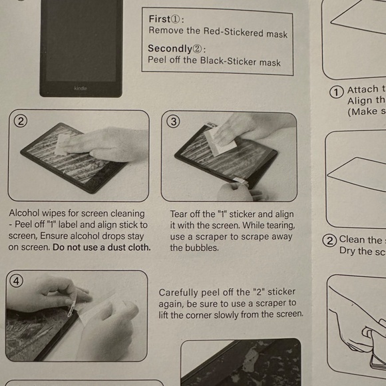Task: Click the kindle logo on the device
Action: pyautogui.click(x=81, y=88)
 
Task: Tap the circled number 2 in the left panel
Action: pyautogui.click(x=21, y=120)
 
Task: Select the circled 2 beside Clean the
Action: pyautogui.click(x=329, y=241)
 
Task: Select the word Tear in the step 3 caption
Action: pyautogui.click(x=179, y=214)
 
